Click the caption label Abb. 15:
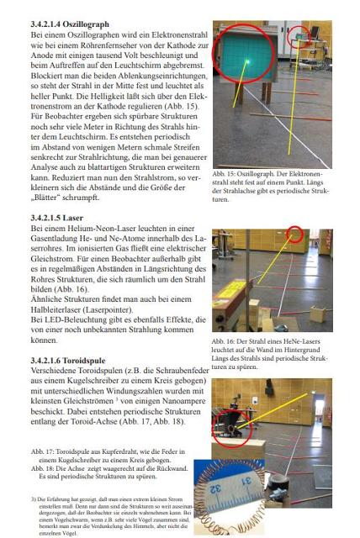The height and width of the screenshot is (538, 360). (x=227, y=173)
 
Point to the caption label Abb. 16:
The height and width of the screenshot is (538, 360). (x=227, y=343)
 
